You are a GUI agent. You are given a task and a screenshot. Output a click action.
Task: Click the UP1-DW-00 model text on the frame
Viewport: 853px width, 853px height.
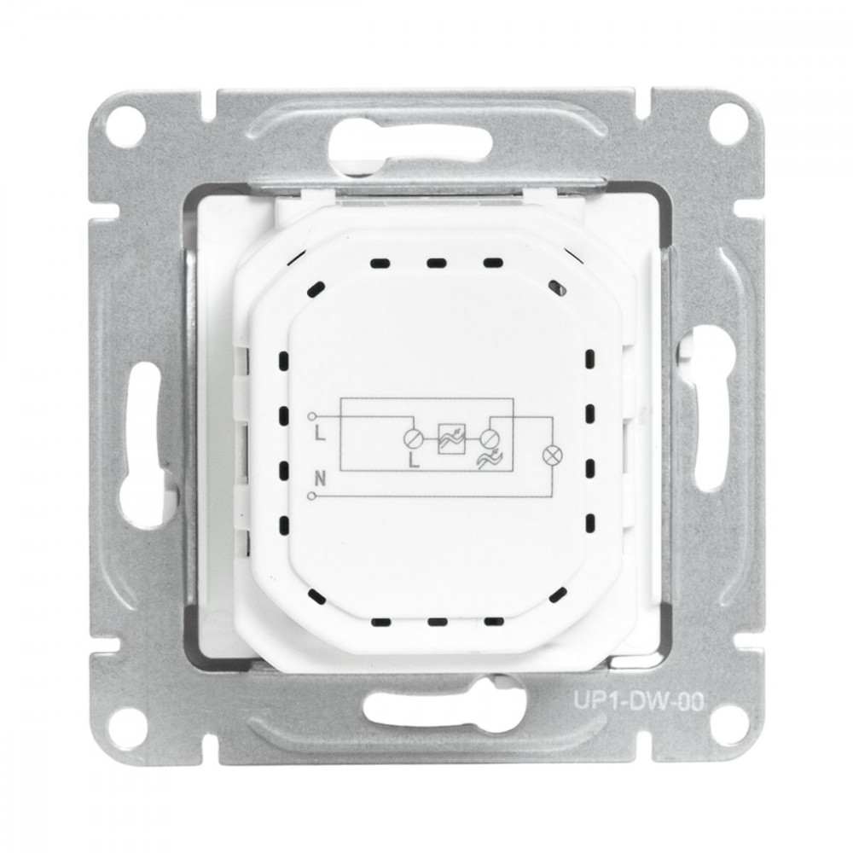pyautogui.click(x=638, y=700)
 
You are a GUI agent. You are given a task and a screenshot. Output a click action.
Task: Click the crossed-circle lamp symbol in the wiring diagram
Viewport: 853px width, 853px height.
pyautogui.click(x=552, y=455)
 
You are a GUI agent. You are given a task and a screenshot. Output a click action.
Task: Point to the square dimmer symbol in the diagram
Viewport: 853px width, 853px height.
pyautogui.click(x=452, y=438)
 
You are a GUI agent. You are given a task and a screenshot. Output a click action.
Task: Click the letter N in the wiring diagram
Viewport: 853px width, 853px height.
pyautogui.click(x=320, y=479)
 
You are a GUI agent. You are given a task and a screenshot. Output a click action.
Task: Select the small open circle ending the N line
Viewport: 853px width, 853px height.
pyautogui.click(x=311, y=496)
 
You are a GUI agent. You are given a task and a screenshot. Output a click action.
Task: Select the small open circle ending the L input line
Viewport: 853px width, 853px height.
pyautogui.click(x=311, y=416)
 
